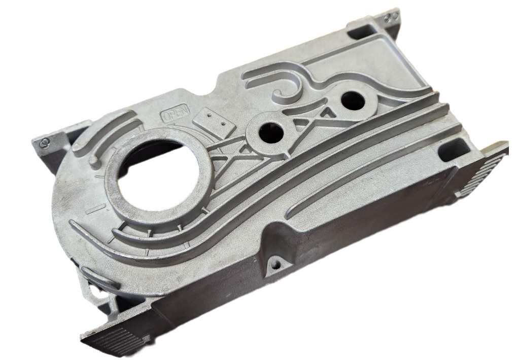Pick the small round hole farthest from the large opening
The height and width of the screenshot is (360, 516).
tap(352, 99)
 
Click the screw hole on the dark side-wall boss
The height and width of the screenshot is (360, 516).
tap(275, 263)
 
